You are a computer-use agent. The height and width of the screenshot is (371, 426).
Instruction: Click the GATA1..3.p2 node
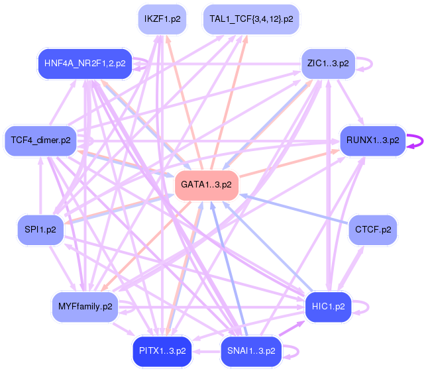pyautogui.click(x=207, y=185)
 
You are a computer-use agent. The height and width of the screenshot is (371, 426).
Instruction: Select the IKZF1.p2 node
pyautogui.click(x=162, y=19)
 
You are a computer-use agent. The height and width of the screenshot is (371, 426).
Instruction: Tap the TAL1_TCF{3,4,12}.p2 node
pyautogui.click(x=251, y=19)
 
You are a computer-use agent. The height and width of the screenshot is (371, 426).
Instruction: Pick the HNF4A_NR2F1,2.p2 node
pyautogui.click(x=85, y=64)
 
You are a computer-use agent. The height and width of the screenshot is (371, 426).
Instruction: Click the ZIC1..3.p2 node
pyautogui.click(x=328, y=64)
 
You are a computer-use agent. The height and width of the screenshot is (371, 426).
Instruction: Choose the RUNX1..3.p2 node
pyautogui.click(x=373, y=140)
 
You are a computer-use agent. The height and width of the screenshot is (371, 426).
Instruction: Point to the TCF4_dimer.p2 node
pyautogui.click(x=40, y=140)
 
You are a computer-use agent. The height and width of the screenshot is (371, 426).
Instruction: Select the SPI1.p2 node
pyautogui.click(x=40, y=230)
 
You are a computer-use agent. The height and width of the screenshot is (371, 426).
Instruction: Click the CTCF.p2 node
pyautogui.click(x=373, y=230)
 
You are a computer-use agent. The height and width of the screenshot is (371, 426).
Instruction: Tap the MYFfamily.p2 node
pyautogui.click(x=85, y=307)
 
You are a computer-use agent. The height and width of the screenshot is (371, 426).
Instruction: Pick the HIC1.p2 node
pyautogui.click(x=328, y=307)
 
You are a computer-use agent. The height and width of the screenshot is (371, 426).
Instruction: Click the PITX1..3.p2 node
pyautogui.click(x=162, y=351)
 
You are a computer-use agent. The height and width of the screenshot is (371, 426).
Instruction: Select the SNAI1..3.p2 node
pyautogui.click(x=251, y=351)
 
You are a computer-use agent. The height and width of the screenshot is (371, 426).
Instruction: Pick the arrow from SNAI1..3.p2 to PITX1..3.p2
pyautogui.click(x=207, y=352)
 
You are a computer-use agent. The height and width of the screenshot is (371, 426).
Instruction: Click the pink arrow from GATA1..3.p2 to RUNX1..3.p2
pyautogui.click(x=290, y=164)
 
